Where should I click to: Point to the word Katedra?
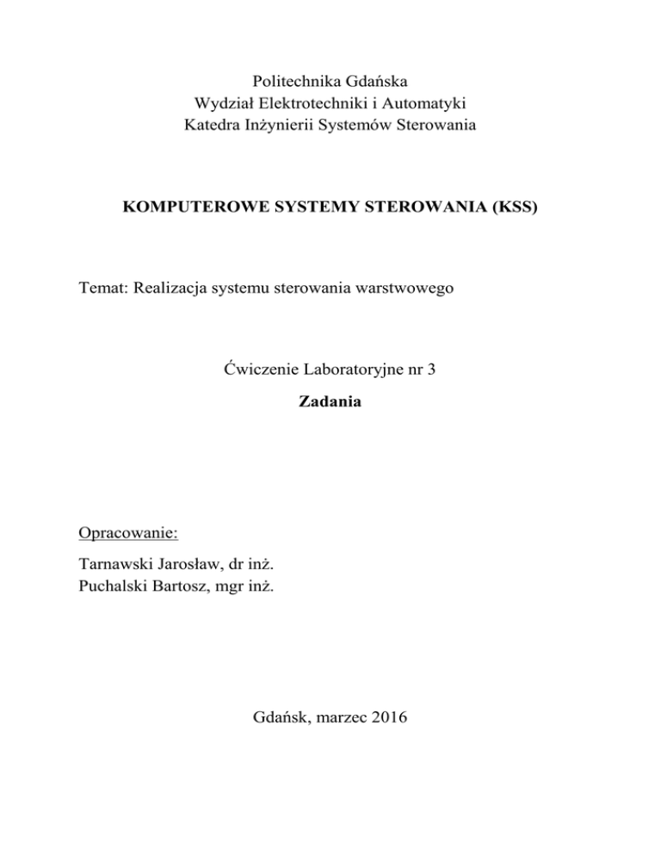point(212,126)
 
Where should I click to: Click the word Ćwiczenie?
point(258,373)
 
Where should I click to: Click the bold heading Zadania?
point(330,400)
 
